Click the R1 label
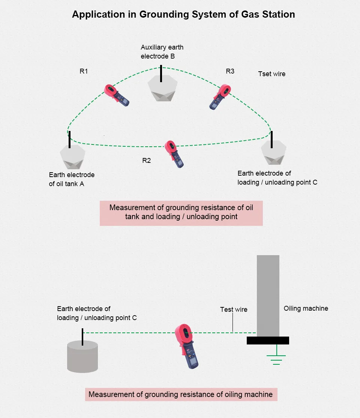(84, 71)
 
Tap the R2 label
(146, 161)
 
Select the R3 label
(230, 71)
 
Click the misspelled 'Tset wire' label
(271, 74)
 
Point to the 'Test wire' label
(234, 310)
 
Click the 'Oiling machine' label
(306, 308)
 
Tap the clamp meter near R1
(116, 95)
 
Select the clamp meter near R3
(220, 96)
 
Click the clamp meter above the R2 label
(175, 153)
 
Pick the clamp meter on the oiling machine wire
(188, 345)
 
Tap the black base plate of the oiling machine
(268, 340)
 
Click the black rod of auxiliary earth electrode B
(161, 74)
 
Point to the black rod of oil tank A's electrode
(69, 140)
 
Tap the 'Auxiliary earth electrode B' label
(162, 52)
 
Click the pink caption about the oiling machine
(181, 394)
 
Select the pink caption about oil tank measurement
(181, 212)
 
